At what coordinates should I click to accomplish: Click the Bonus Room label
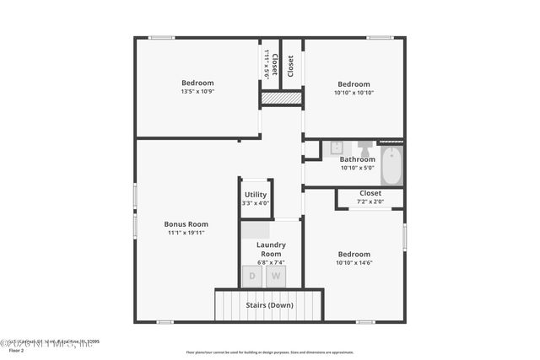click(x=186, y=224)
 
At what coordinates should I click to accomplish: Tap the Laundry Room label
click(x=271, y=249)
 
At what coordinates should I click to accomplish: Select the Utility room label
click(x=256, y=195)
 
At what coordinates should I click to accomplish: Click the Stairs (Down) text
click(x=269, y=304)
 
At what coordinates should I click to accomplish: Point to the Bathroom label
click(x=357, y=159)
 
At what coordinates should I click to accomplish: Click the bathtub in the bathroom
click(x=391, y=165)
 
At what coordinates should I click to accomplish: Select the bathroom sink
click(x=335, y=148)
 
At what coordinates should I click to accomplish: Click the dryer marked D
click(x=251, y=276)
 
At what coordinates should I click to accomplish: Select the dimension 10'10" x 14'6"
click(x=354, y=262)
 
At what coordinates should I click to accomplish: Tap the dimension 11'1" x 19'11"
click(x=186, y=233)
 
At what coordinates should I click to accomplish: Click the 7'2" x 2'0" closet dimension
click(x=370, y=201)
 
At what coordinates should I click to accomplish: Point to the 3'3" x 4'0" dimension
click(x=256, y=203)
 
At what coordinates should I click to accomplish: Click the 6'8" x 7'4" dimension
click(x=271, y=262)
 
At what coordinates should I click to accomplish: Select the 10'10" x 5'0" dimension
click(x=357, y=168)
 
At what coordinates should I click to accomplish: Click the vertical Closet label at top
click(x=291, y=66)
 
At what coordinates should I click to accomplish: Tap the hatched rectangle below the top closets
click(x=282, y=99)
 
